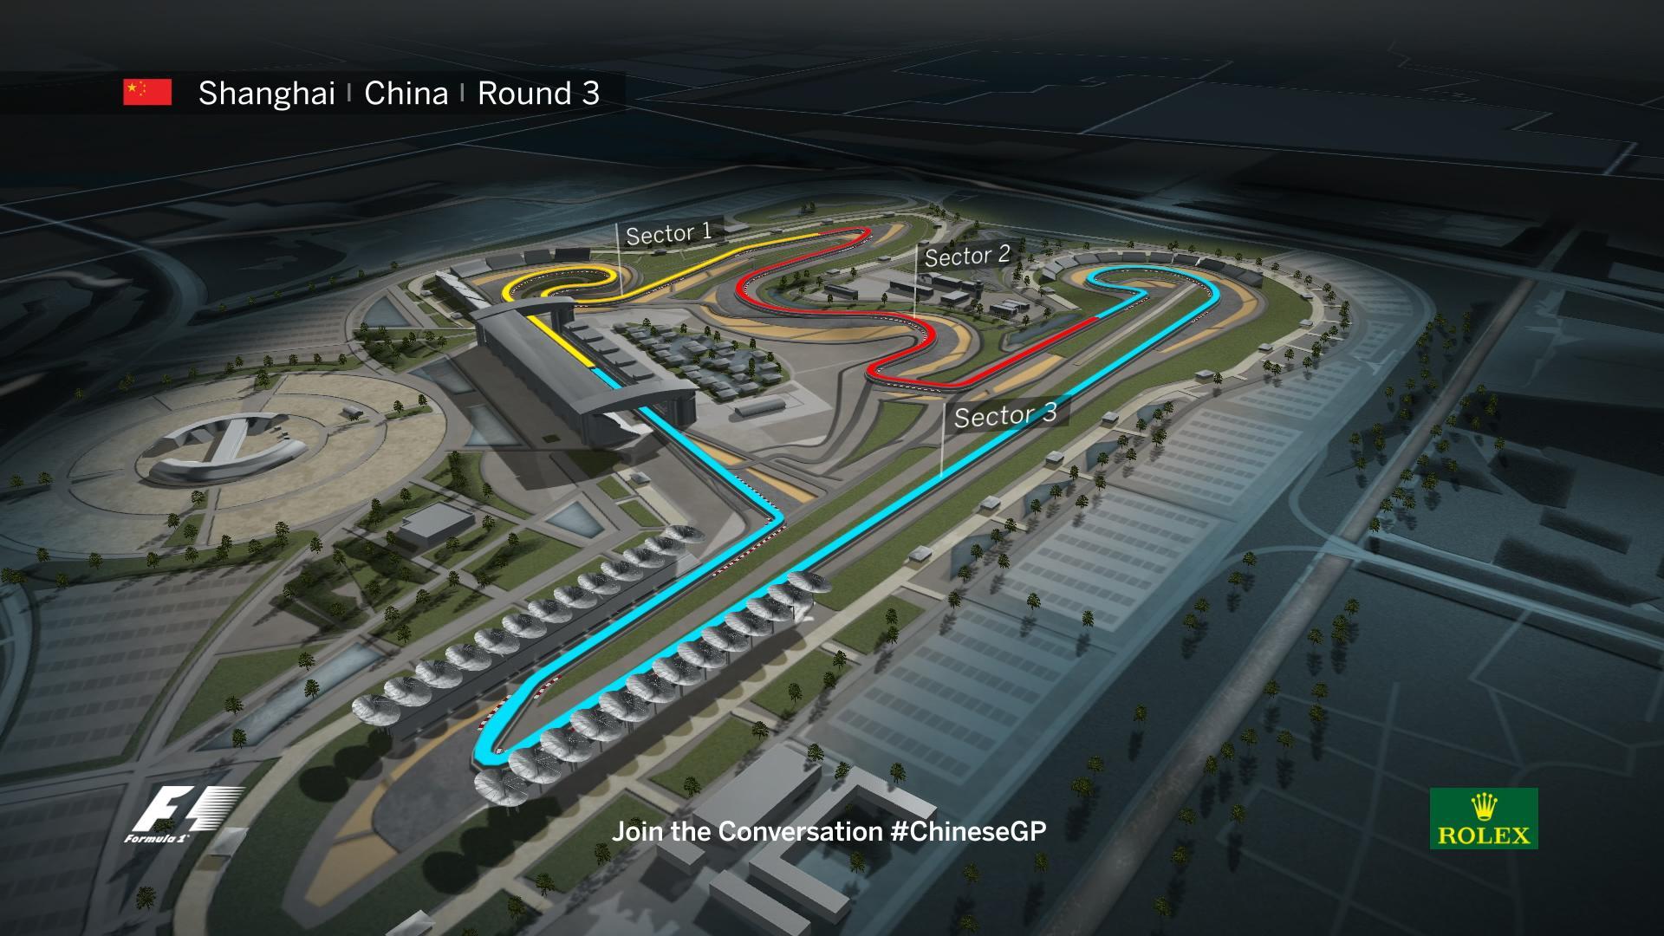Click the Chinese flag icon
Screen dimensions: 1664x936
point(147,92)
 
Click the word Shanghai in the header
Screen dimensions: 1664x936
point(266,94)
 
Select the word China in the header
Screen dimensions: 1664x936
point(406,94)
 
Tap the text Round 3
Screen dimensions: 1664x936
point(538,94)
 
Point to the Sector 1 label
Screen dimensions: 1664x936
point(668,233)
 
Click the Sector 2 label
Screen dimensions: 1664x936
point(967,256)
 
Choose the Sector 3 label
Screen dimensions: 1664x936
point(1005,415)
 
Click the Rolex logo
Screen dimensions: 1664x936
point(1484,818)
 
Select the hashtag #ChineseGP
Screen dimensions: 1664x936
point(968,831)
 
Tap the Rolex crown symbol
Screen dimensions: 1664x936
point(1484,807)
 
